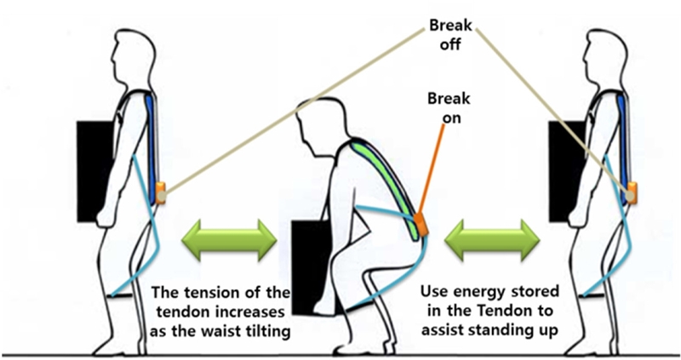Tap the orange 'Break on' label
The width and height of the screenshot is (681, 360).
[447, 110]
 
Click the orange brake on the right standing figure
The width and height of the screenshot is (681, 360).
[630, 193]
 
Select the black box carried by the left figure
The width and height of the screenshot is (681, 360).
[103, 169]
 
